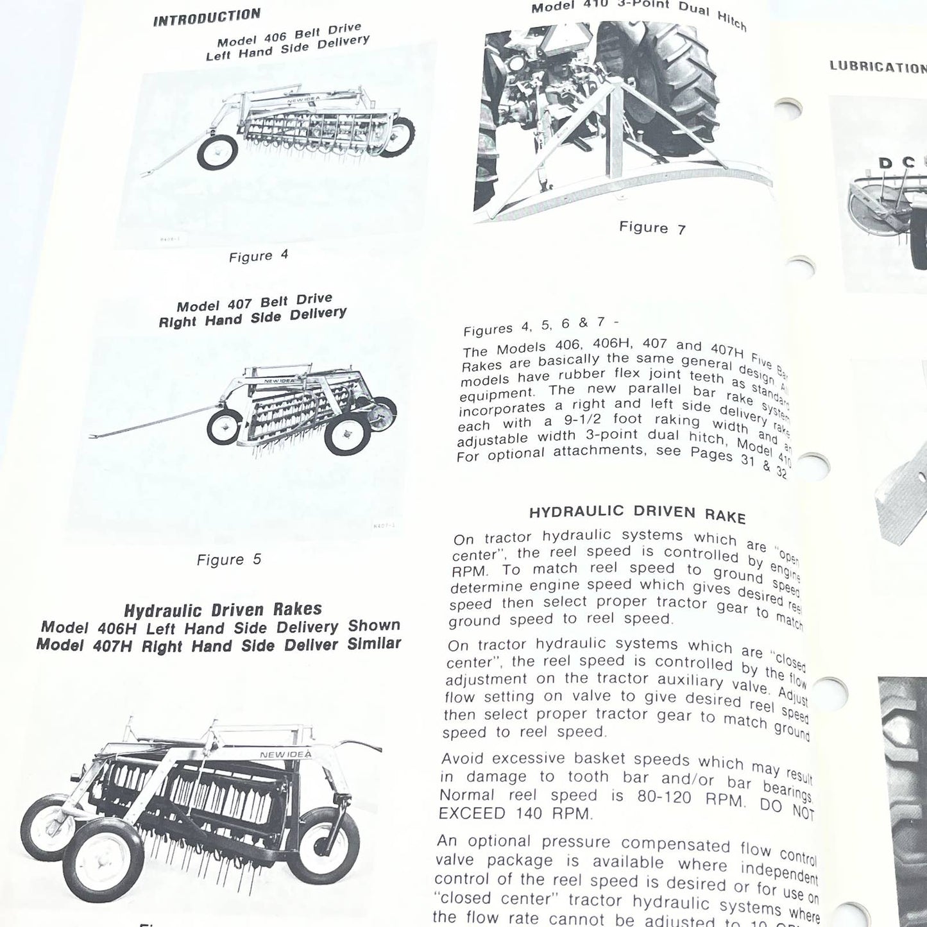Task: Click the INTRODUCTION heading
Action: click(x=207, y=17)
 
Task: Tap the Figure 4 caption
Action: click(x=259, y=256)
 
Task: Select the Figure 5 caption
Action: click(x=229, y=559)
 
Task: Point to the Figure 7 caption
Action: click(x=652, y=227)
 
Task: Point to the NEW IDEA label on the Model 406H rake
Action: click(x=285, y=754)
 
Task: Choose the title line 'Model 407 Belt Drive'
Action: click(x=254, y=303)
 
